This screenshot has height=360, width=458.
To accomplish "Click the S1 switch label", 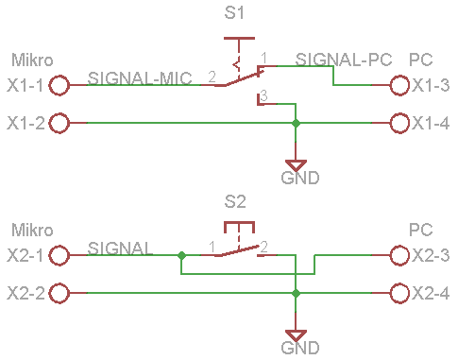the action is click(234, 13).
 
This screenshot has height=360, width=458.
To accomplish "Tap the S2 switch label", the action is click(235, 201).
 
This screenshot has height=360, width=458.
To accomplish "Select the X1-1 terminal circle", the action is click(59, 85).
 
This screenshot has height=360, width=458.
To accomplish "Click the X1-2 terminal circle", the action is click(59, 123).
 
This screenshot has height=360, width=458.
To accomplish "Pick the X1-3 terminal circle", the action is click(399, 85).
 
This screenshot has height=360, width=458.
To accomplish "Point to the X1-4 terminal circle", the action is click(399, 123).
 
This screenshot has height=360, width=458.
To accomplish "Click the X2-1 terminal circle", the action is click(59, 255).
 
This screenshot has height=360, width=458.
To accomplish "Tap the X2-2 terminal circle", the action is click(59, 293).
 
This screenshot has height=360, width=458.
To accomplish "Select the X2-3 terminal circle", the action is click(399, 255).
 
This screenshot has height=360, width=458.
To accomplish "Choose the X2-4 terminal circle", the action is click(399, 293).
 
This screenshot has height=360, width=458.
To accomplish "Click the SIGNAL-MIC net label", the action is click(140, 78).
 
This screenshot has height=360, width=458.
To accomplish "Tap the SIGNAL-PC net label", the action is click(344, 60).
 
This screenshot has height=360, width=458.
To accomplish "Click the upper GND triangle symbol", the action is click(296, 165).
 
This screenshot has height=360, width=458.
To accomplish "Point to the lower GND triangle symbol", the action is click(296, 335).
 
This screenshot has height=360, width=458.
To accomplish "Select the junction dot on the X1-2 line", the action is click(296, 123).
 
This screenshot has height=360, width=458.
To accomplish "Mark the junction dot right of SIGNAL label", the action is click(181, 255).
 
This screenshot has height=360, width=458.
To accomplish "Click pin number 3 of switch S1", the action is click(263, 95).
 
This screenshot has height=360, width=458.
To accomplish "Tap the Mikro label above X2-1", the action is click(32, 230).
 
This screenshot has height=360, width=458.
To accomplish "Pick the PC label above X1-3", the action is click(421, 60).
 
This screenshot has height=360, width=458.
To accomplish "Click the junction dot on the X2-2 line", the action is click(296, 293).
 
